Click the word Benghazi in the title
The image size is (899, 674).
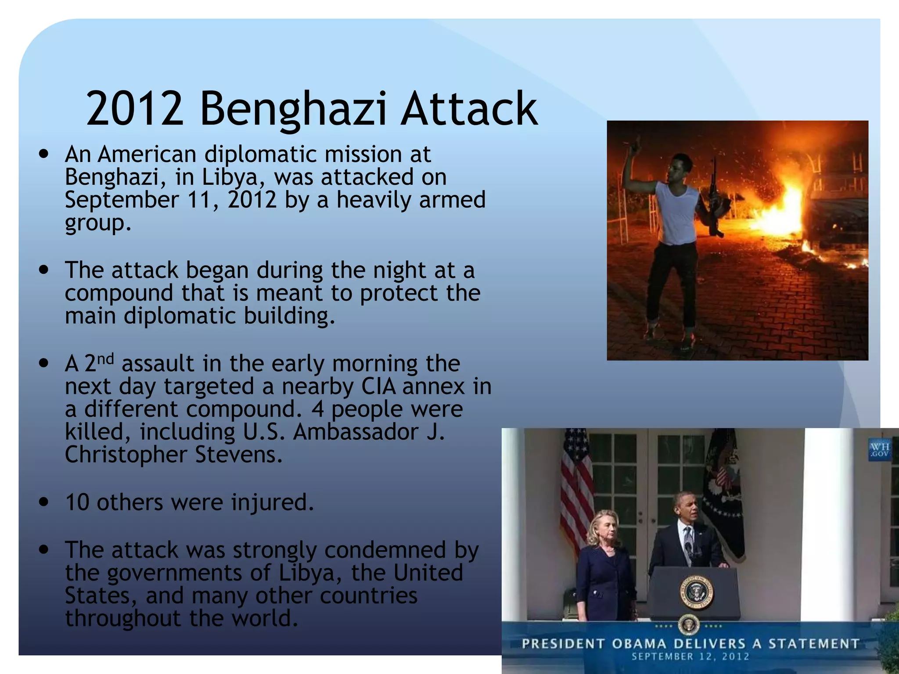point(293,109)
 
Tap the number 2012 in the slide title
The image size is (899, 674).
point(135,108)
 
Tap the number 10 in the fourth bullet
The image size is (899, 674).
point(77,502)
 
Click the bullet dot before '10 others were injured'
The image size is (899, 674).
point(43,502)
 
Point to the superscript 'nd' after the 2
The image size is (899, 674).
point(105,359)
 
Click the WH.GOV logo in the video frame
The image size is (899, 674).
point(879,450)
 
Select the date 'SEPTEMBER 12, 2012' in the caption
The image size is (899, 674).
point(690,657)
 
